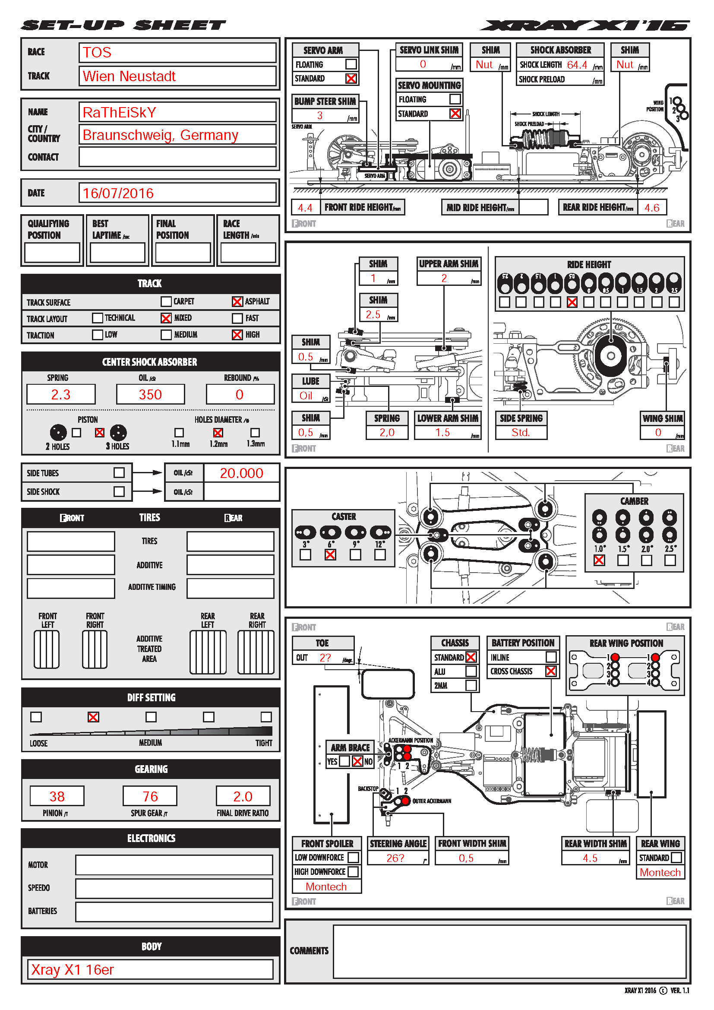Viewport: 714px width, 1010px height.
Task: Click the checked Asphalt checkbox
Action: tap(237, 301)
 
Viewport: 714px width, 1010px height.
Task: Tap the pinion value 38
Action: tap(57, 796)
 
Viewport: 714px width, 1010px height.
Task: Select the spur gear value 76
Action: tap(150, 796)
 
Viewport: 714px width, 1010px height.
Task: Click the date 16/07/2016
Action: tap(118, 193)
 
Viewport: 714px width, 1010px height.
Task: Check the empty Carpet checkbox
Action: tap(166, 301)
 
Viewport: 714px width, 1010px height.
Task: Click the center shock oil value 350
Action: tap(150, 394)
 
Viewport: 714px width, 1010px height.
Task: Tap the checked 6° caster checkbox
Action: tap(330, 555)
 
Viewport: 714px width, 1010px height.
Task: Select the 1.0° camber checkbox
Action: tap(599, 560)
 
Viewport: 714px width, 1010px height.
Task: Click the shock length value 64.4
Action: tap(577, 65)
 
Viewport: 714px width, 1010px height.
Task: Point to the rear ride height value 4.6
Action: tap(651, 208)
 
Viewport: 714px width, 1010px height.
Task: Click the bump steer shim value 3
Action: tap(319, 115)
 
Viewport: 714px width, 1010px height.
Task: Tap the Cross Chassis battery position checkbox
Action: tap(550, 671)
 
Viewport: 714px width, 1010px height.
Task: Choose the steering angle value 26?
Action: tap(395, 858)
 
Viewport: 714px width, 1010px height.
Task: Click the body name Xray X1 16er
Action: tap(73, 969)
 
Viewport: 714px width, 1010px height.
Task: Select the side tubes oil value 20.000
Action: tap(241, 473)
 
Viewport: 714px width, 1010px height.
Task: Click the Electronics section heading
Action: tap(151, 838)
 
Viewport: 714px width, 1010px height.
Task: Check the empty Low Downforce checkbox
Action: tap(353, 858)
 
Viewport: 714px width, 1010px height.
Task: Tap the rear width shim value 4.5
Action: tap(590, 858)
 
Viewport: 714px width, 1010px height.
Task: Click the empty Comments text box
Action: tap(509, 950)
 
